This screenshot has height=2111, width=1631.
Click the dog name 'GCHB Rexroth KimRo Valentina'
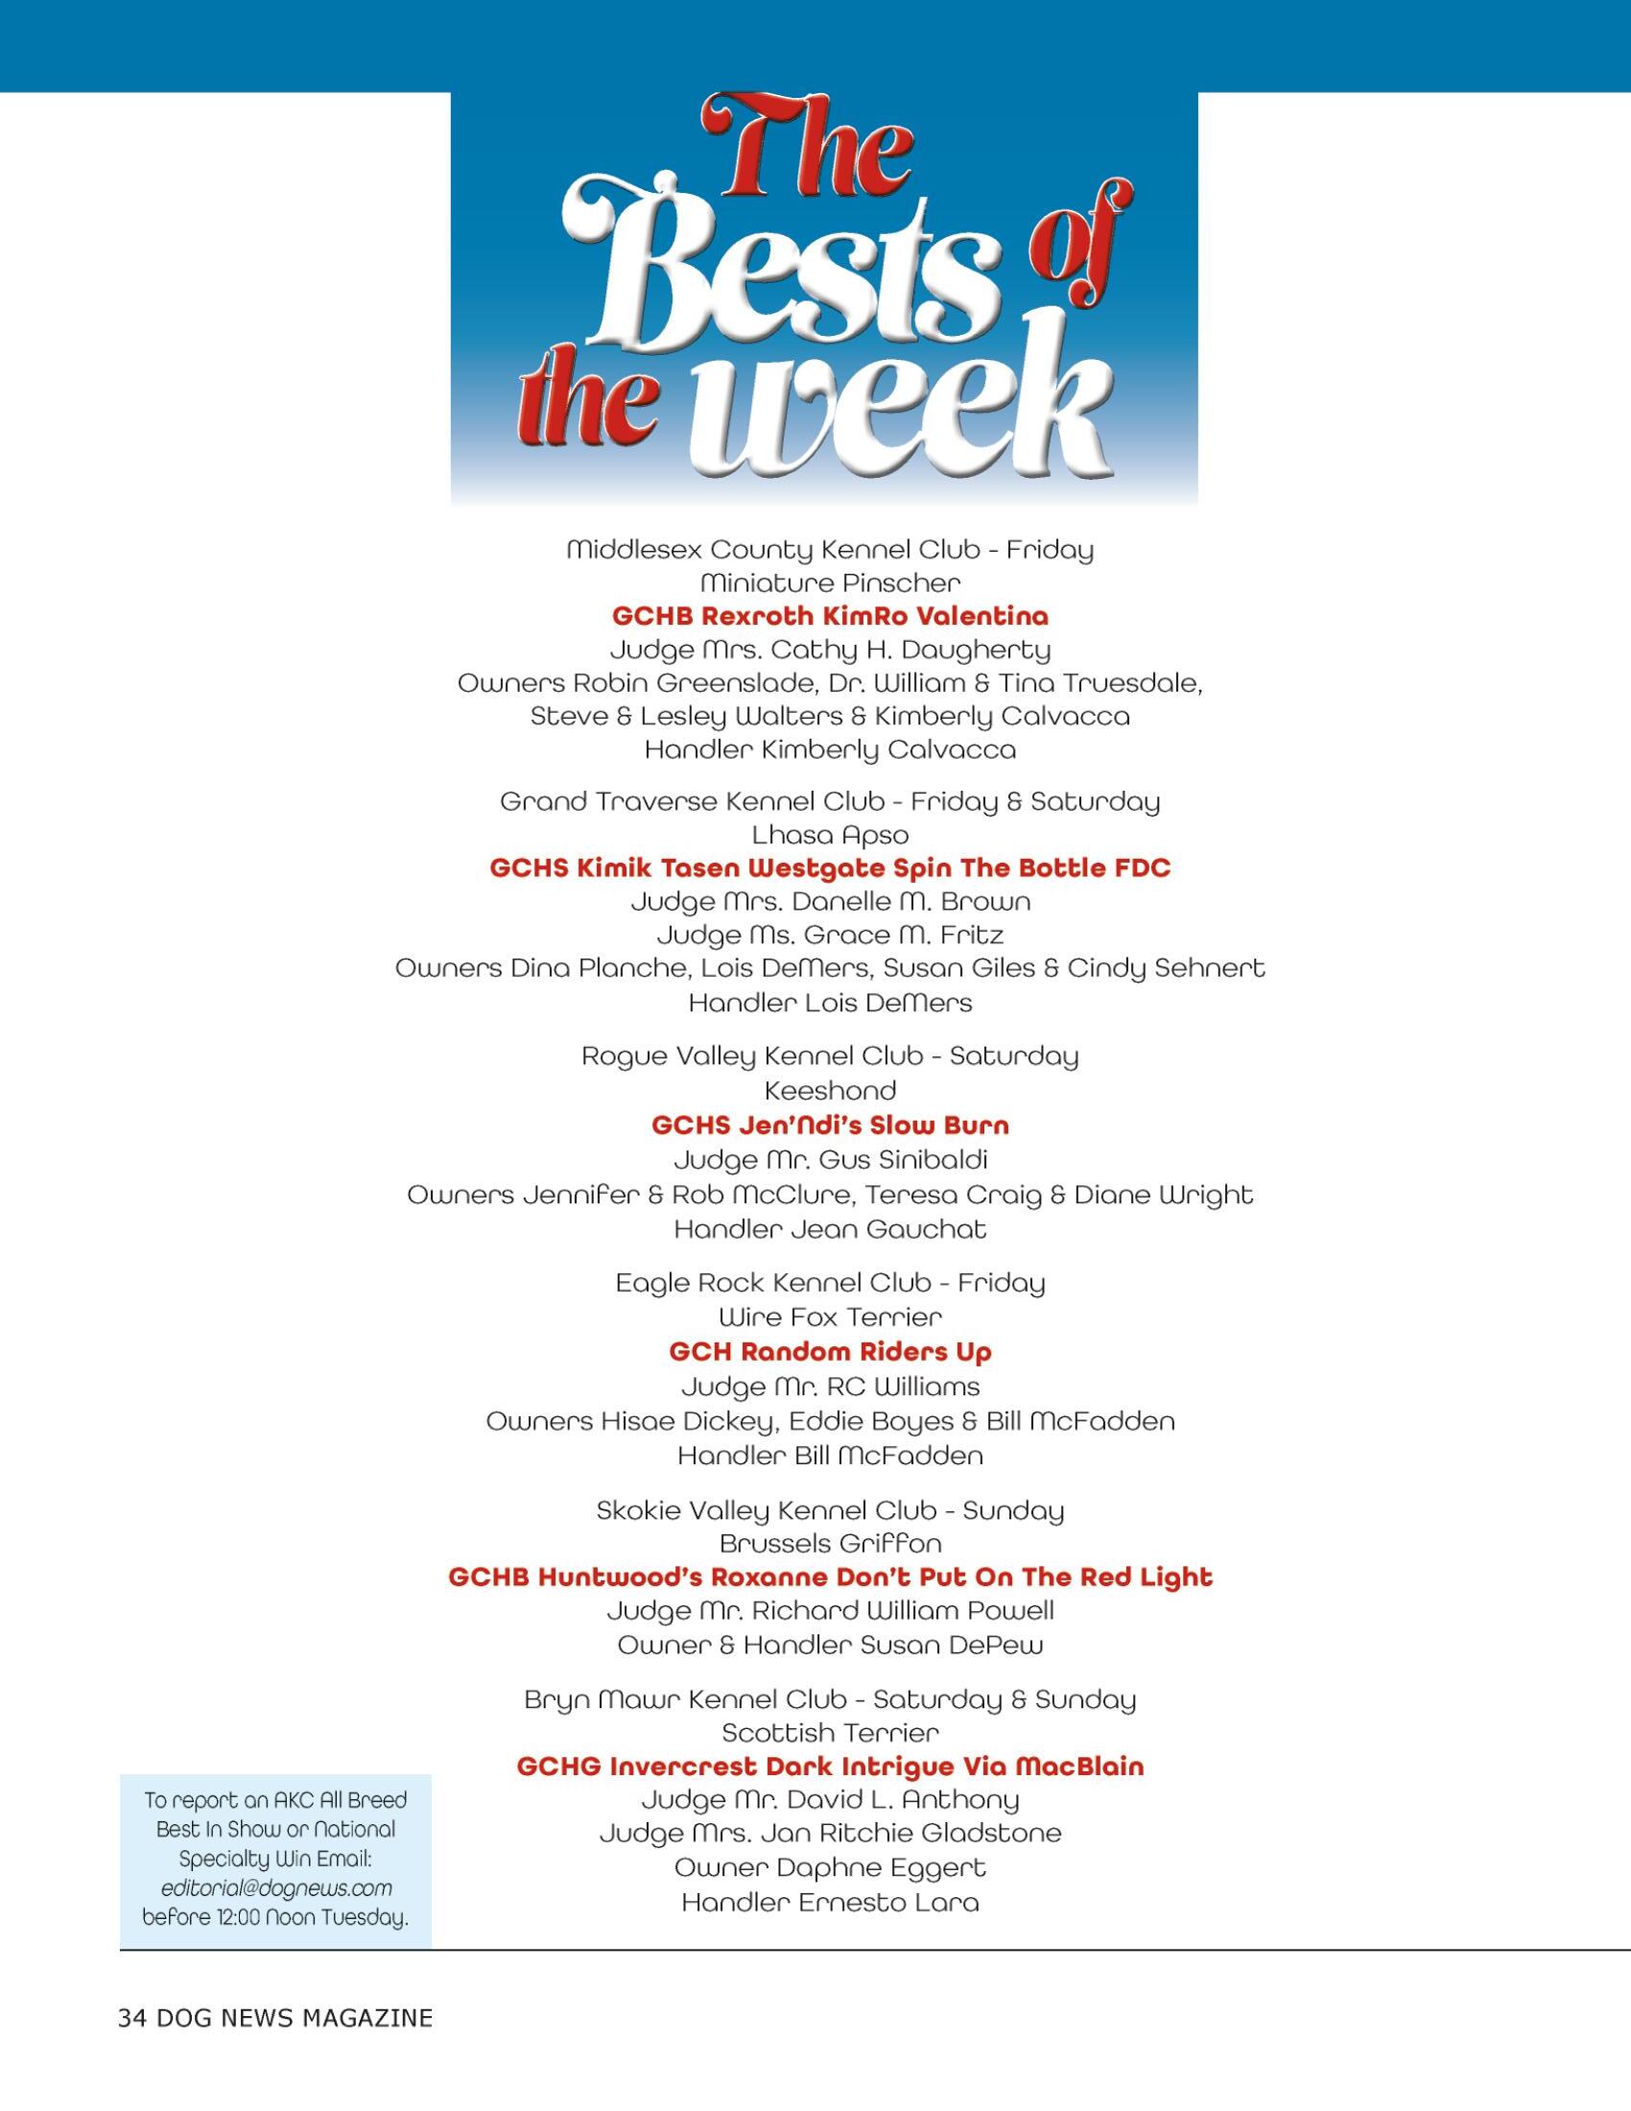[830, 616]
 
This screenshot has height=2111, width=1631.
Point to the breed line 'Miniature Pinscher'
[830, 582]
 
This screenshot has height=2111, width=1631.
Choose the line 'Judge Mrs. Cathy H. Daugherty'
[830, 650]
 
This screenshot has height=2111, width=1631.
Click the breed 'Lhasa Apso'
[830, 834]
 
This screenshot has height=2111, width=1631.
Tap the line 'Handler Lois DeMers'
[830, 1003]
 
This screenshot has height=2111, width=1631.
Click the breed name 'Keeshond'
[830, 1090]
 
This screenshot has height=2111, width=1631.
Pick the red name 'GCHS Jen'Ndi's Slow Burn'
[830, 1126]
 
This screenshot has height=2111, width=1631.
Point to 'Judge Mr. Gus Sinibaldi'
[830, 1159]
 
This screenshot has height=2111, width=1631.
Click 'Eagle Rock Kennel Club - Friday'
[830, 1283]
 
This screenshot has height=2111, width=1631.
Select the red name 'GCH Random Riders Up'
[830, 1351]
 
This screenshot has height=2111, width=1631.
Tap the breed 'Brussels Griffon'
[830, 1544]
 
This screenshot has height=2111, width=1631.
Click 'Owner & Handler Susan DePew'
[830, 1644]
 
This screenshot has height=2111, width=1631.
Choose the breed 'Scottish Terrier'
[830, 1732]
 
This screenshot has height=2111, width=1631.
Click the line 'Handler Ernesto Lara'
[830, 1902]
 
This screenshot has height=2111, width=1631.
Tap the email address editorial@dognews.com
[276, 1887]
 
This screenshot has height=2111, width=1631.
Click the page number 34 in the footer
[131, 2019]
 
